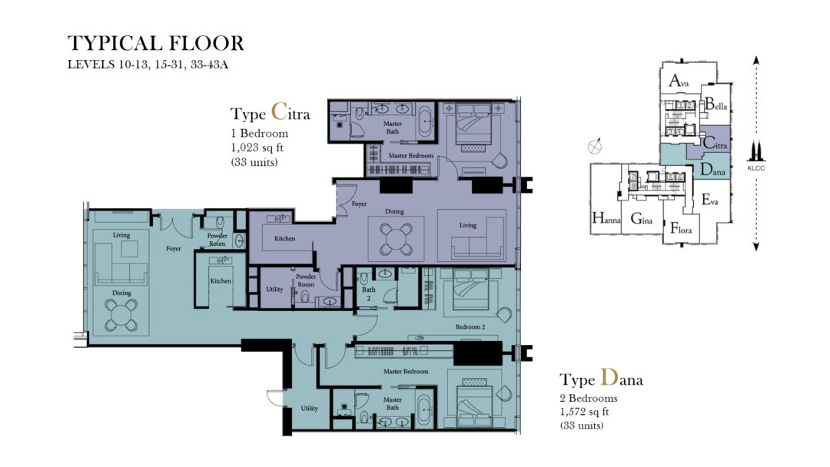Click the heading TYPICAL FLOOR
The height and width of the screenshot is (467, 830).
pyautogui.click(x=155, y=43)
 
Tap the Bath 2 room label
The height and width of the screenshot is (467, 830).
pyautogui.click(x=370, y=293)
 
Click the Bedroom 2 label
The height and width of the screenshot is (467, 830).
pyautogui.click(x=470, y=327)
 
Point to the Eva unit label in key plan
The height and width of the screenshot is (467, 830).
pyautogui.click(x=709, y=200)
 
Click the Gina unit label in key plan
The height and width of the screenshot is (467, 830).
pyautogui.click(x=642, y=220)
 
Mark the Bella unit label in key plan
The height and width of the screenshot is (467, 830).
pyautogui.click(x=715, y=104)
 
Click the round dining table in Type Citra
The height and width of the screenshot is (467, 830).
pyautogui.click(x=395, y=237)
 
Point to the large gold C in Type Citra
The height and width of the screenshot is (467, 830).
pyautogui.click(x=280, y=113)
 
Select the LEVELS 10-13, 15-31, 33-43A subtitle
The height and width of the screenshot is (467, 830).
pyautogui.click(x=148, y=65)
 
